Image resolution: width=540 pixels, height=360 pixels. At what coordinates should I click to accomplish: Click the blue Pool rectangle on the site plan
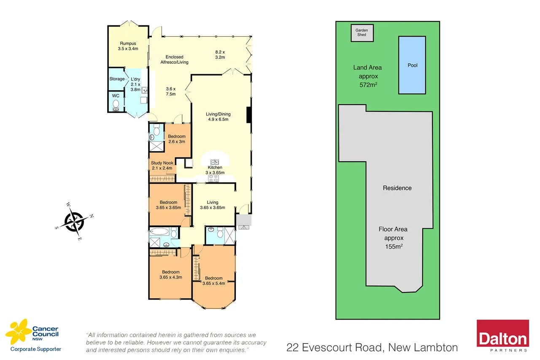[x=412, y=65]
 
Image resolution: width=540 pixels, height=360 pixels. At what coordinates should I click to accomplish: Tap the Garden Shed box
[x=362, y=33]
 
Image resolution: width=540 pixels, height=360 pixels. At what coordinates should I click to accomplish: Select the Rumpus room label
[x=128, y=46]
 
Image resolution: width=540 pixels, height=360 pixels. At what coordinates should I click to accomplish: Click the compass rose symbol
[x=75, y=221]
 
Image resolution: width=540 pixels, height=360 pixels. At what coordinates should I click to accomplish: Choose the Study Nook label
[x=162, y=165]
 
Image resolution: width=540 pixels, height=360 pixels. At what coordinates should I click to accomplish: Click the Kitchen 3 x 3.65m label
[x=215, y=170]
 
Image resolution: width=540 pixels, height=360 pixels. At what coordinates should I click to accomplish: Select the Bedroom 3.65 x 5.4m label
[x=213, y=281]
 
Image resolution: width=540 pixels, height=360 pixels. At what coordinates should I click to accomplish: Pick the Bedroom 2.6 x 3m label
[x=176, y=139]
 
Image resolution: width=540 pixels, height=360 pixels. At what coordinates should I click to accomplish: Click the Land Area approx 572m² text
[x=367, y=76]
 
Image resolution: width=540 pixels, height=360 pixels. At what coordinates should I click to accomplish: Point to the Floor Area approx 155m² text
[x=393, y=238]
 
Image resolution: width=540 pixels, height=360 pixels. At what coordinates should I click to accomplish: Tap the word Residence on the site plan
[x=397, y=188]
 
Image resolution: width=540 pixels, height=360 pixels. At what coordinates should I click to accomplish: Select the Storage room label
[x=117, y=79]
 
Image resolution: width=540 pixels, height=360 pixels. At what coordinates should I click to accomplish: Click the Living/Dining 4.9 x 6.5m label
[x=218, y=116]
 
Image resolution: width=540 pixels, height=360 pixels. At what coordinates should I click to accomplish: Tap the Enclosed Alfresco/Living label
[x=174, y=60]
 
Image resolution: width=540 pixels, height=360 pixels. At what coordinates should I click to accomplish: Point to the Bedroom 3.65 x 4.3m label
[x=170, y=274]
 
